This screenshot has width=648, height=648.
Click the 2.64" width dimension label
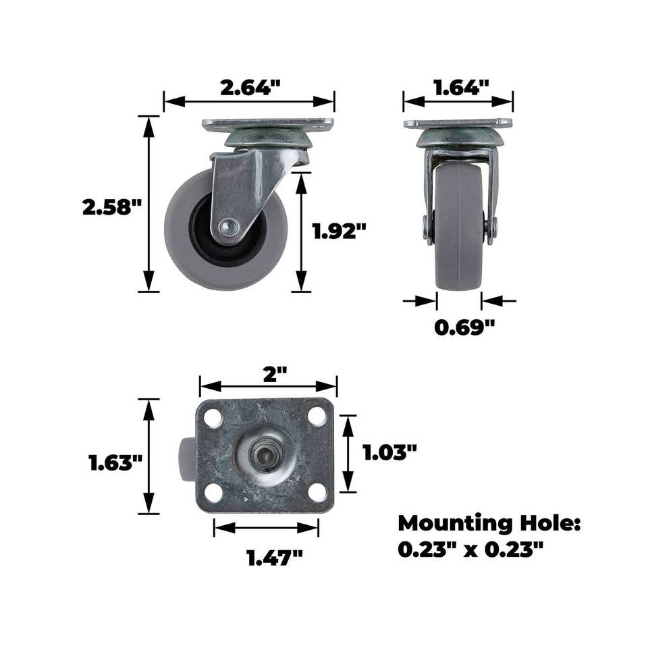(x=250, y=87)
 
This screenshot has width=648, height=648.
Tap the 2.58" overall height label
(x=113, y=207)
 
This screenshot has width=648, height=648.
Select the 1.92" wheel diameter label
(x=340, y=231)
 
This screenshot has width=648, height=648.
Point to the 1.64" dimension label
(x=461, y=87)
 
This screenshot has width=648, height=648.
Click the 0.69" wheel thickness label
(x=464, y=327)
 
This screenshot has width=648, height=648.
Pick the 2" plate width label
(x=275, y=375)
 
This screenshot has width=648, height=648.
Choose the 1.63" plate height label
(x=116, y=462)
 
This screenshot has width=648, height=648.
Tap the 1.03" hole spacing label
(x=389, y=452)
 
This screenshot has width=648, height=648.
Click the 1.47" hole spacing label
(x=275, y=558)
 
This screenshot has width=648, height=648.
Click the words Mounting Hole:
(x=489, y=523)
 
